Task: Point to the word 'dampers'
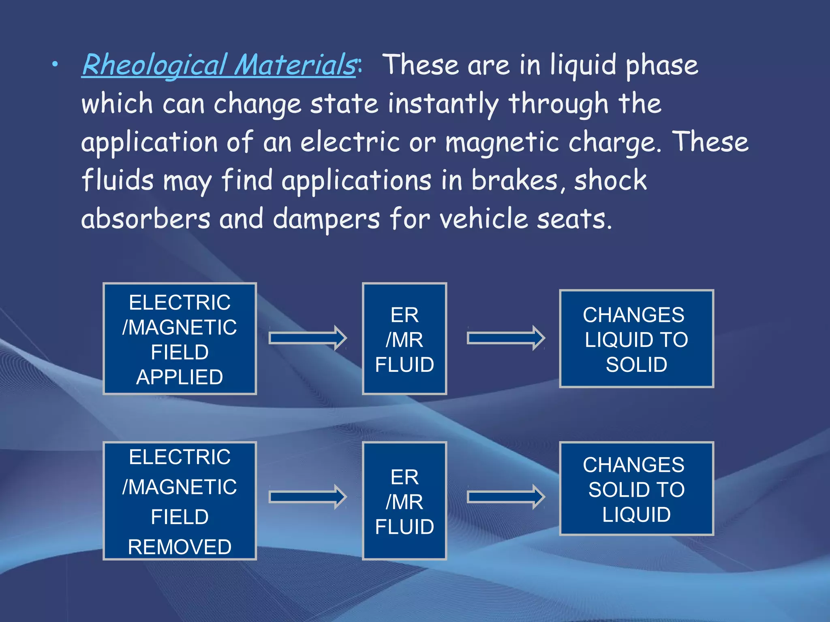326,219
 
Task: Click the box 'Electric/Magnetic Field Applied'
180,339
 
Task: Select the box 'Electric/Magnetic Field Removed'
180,501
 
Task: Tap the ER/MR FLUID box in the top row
404,339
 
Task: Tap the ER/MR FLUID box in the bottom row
404,501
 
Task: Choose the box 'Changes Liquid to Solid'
636,339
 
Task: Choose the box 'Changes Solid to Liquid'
636,489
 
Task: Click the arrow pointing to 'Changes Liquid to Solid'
505,338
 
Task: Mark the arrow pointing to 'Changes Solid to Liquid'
505,496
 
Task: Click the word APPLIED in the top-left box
180,377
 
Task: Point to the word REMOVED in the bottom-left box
180,547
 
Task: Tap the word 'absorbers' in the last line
146,219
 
